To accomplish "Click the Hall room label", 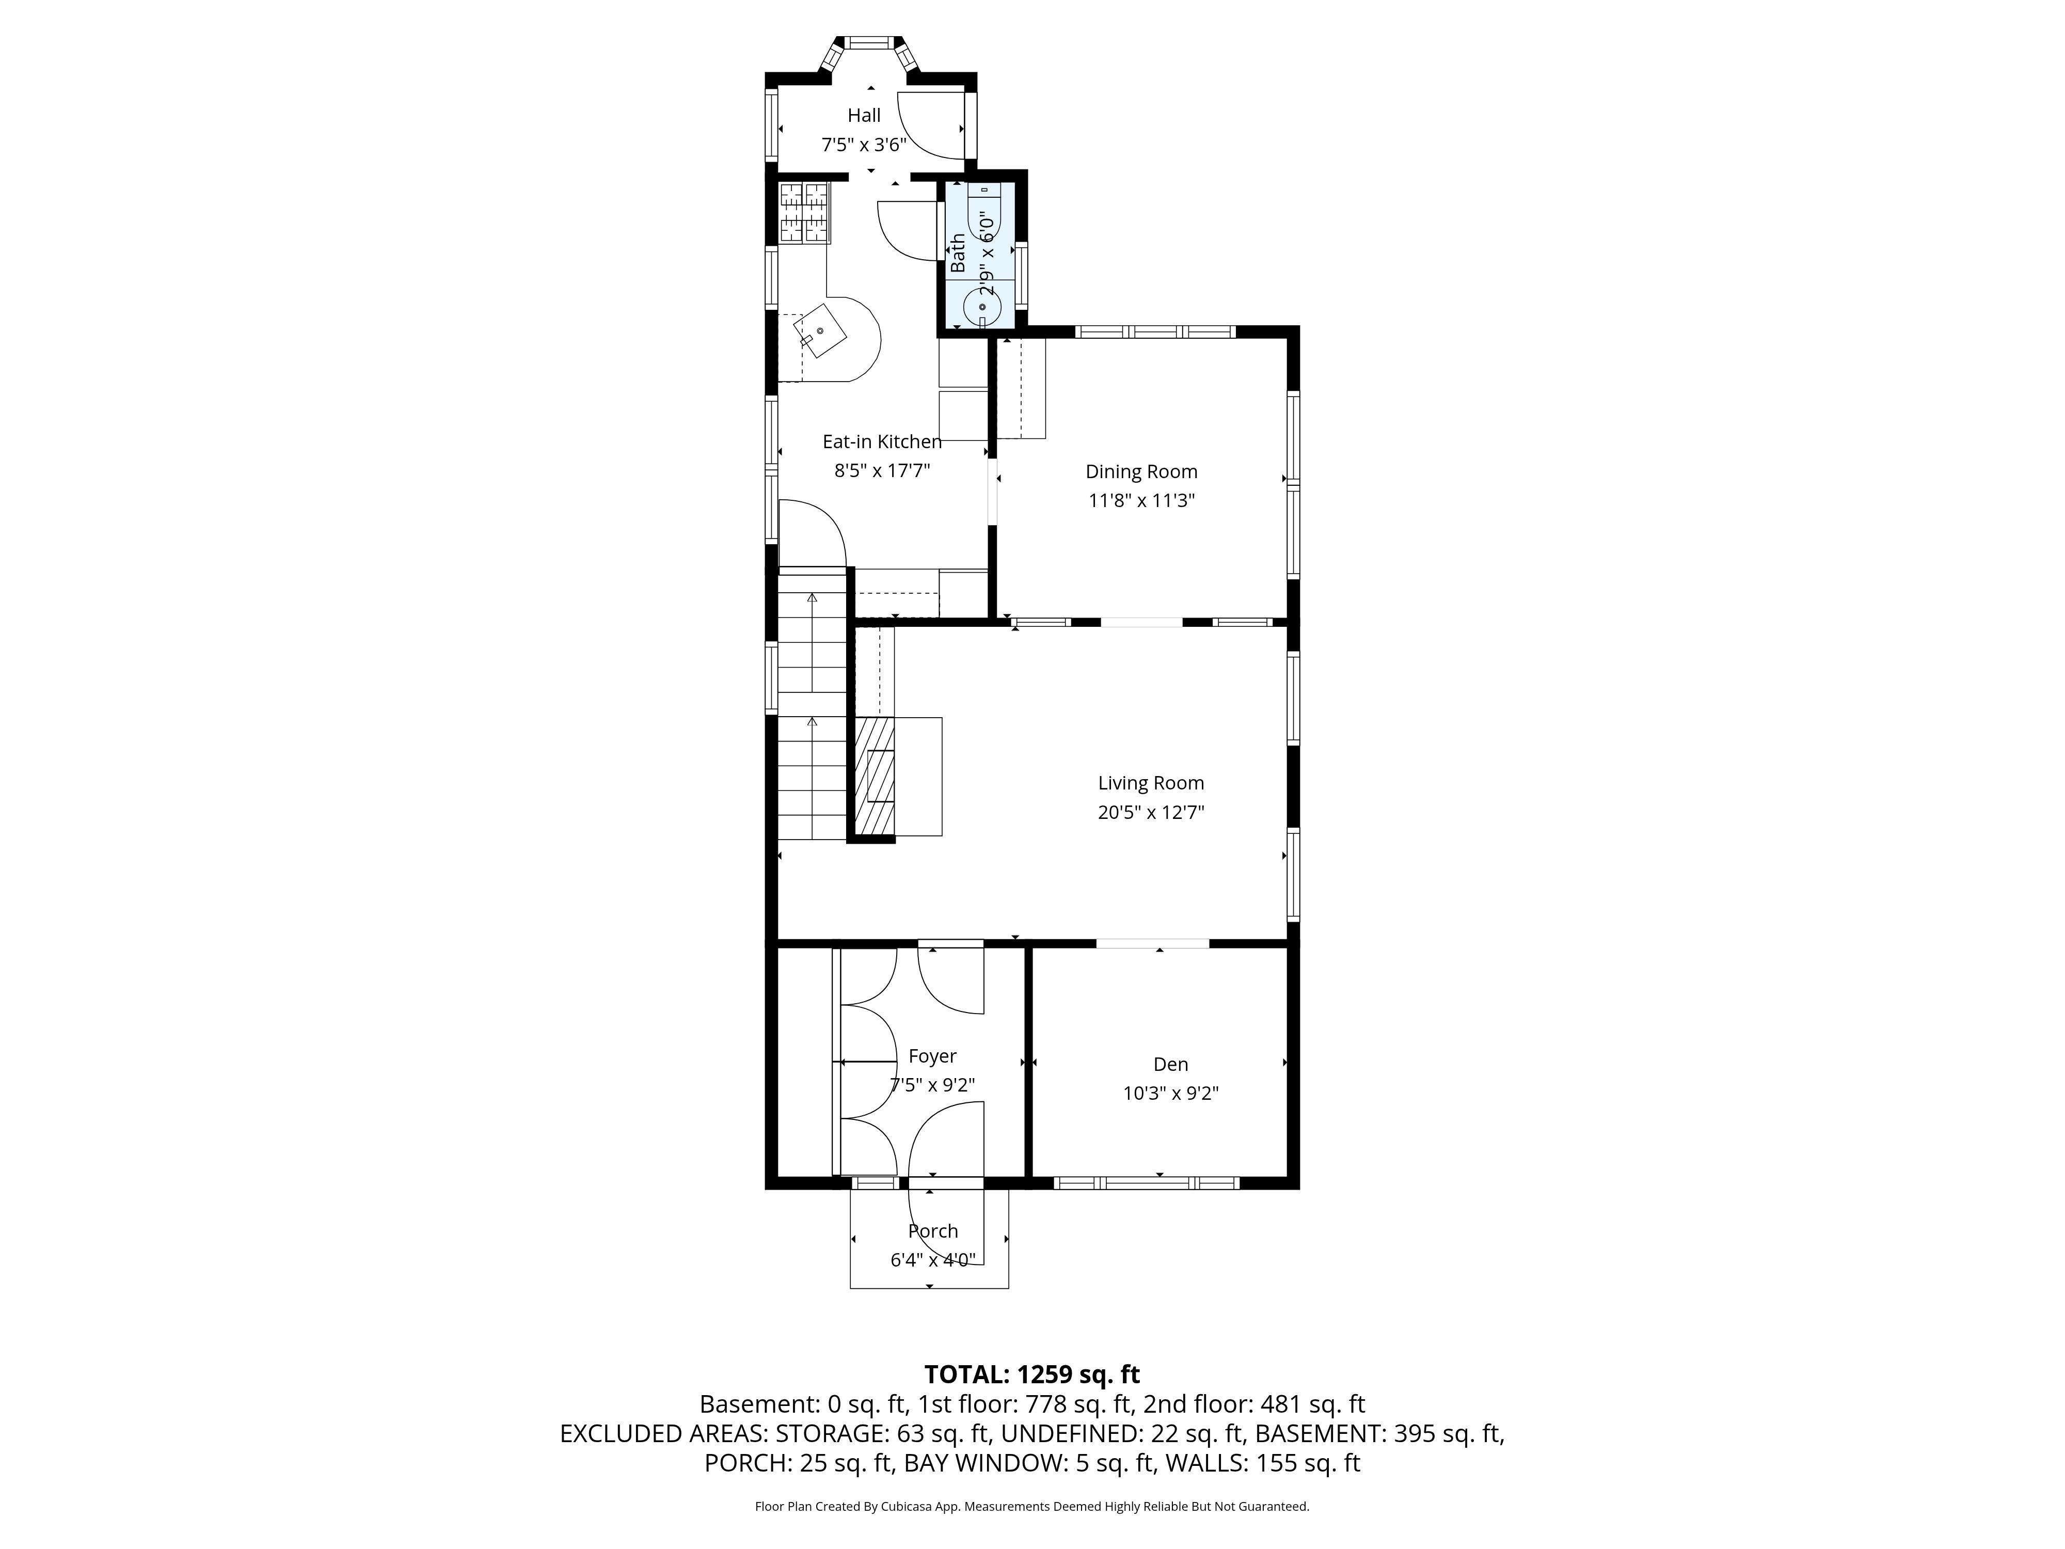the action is click(x=864, y=116).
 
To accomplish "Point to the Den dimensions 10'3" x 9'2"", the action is click(x=1171, y=1094).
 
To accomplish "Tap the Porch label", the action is click(x=933, y=1231).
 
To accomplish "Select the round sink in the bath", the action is click(x=982, y=306).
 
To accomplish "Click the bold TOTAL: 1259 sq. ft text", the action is click(x=1031, y=1374).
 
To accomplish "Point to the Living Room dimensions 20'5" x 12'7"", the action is click(x=1151, y=812).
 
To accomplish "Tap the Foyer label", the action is click(x=933, y=1056).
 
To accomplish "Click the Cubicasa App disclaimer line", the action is click(x=1031, y=1506).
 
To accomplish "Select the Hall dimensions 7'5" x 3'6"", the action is click(x=864, y=145).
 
